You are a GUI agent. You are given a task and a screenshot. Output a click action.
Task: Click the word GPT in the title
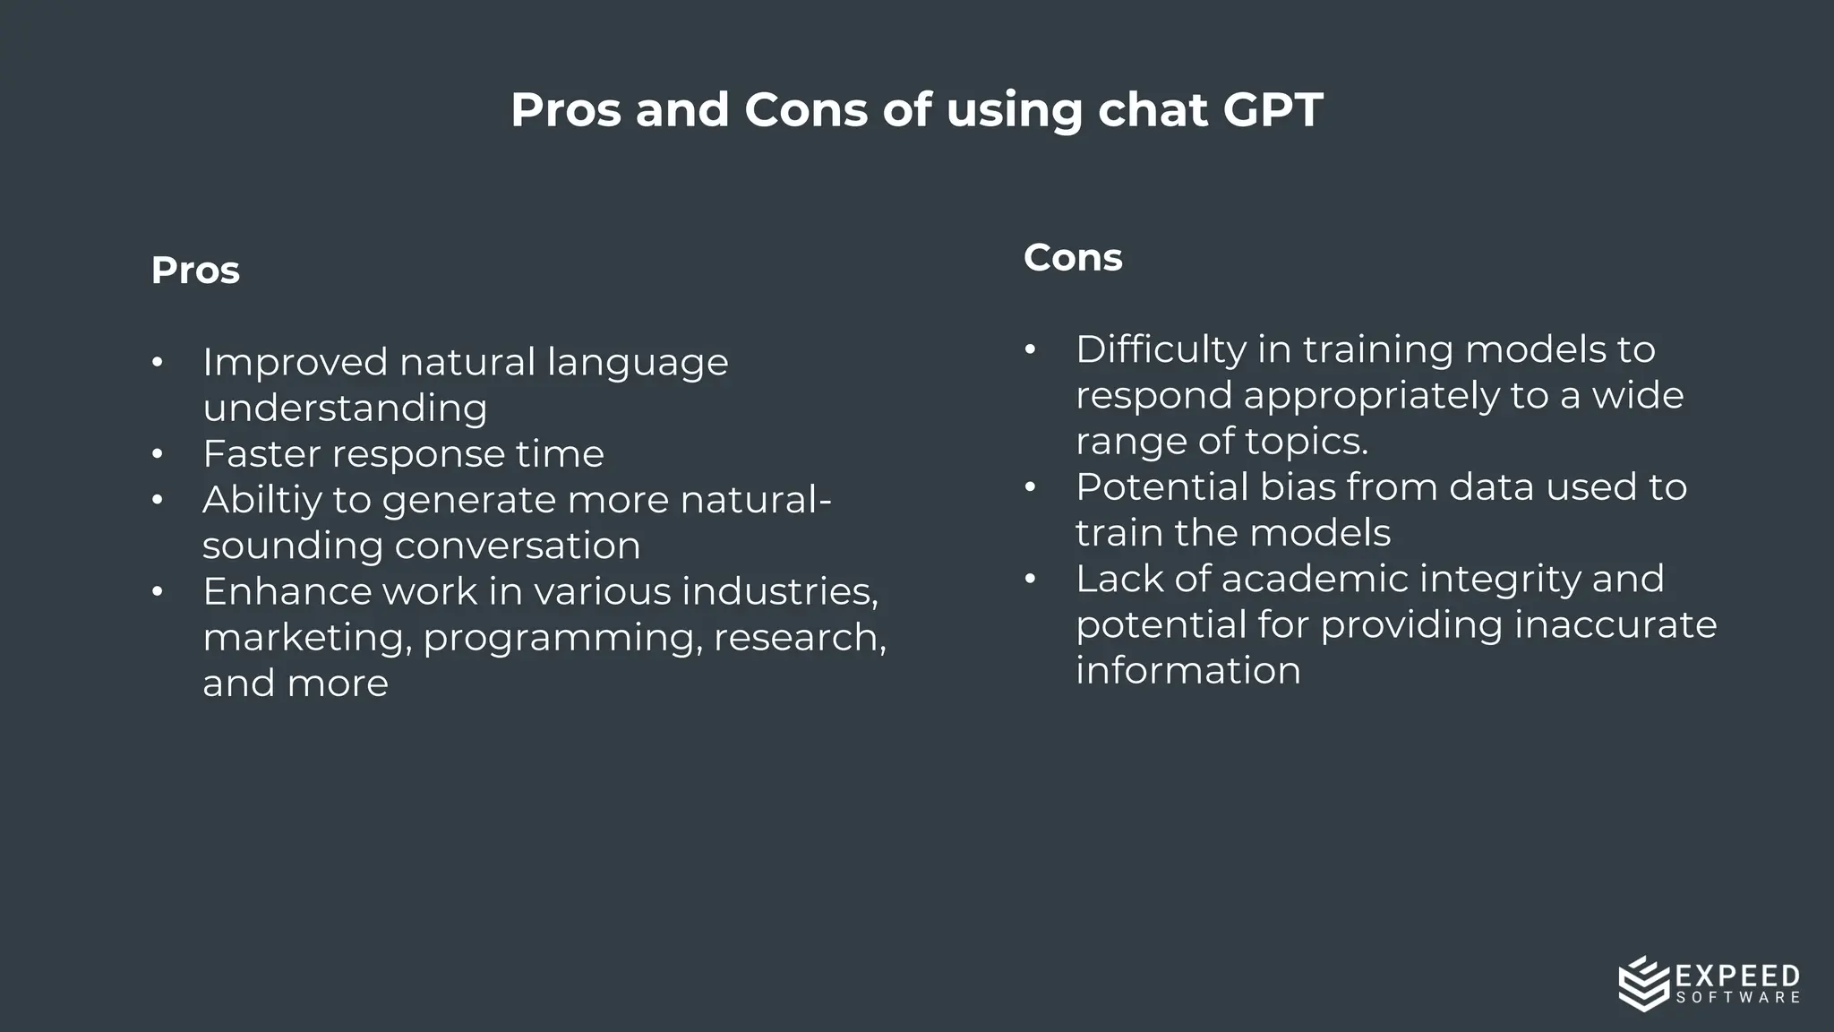click(x=1272, y=110)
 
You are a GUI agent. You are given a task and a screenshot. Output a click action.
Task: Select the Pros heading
click(x=195, y=271)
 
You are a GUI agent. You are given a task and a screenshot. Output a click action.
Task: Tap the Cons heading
click(x=1072, y=258)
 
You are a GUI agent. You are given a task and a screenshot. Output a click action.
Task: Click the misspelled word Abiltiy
click(x=261, y=500)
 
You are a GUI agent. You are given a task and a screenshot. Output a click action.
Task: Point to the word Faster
click(x=261, y=453)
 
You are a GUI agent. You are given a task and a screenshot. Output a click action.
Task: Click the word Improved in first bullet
click(x=295, y=363)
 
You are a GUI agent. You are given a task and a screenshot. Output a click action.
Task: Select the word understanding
click(x=345, y=408)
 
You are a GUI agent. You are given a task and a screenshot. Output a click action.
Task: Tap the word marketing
click(x=306, y=638)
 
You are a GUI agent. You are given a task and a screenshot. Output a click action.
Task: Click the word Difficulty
click(x=1161, y=349)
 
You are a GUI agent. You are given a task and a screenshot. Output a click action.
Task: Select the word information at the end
click(x=1187, y=671)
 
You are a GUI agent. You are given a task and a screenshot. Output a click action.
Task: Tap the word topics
click(x=1316, y=442)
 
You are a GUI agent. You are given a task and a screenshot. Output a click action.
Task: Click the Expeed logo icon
click(x=1644, y=984)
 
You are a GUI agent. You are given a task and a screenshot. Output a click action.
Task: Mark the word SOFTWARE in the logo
click(x=1737, y=998)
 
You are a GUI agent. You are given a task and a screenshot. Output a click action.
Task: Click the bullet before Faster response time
click(x=158, y=454)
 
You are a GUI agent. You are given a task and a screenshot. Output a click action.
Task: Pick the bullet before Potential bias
click(x=1030, y=487)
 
